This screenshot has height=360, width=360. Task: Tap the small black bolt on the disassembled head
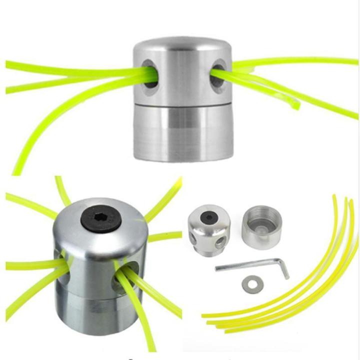point(207,218)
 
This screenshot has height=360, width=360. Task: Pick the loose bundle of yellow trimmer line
point(320,280)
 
